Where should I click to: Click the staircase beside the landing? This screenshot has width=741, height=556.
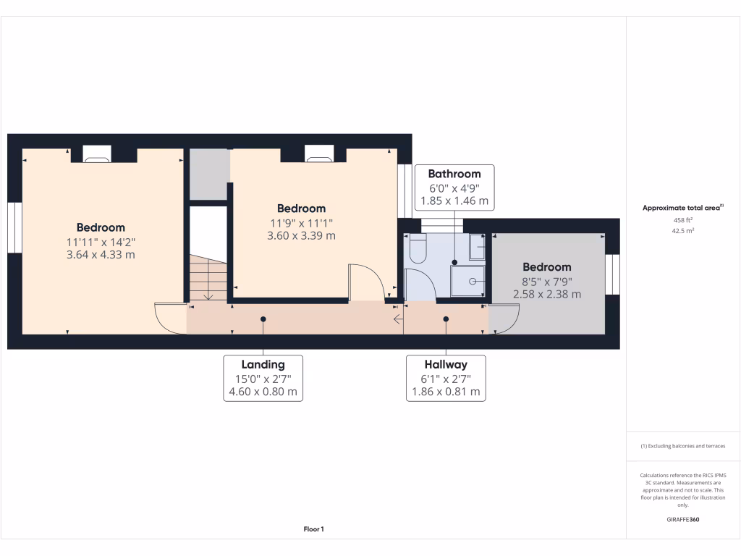(x=208, y=278)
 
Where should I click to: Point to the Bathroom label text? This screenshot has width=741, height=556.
(x=454, y=174)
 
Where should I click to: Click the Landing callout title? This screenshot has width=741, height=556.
(x=263, y=365)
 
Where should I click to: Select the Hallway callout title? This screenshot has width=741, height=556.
(x=446, y=365)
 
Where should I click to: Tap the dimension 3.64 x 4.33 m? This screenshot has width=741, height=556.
(x=101, y=255)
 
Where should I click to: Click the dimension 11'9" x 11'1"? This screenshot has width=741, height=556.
(x=302, y=222)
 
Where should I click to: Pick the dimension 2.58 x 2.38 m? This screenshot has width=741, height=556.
(x=547, y=294)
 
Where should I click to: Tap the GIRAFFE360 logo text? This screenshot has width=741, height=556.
(x=684, y=520)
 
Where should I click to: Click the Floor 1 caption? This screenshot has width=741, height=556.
(x=313, y=529)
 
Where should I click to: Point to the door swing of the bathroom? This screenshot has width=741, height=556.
(x=420, y=285)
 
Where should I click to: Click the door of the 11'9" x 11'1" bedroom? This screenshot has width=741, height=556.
(x=369, y=284)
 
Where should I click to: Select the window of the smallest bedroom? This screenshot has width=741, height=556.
(x=613, y=274)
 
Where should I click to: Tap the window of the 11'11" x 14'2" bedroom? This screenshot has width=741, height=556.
(x=14, y=227)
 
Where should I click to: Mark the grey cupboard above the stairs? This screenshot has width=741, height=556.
(x=209, y=174)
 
